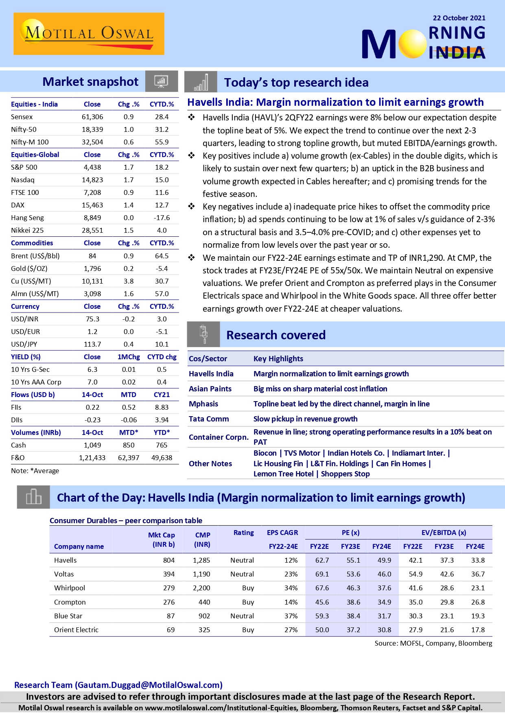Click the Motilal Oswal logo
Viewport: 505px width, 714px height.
(x=89, y=34)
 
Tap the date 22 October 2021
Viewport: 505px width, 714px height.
(x=459, y=18)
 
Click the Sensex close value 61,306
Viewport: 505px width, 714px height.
(x=92, y=117)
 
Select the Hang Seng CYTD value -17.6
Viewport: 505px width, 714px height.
(x=162, y=218)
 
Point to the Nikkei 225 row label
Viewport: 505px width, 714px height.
(x=27, y=230)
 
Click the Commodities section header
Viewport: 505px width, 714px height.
(x=32, y=243)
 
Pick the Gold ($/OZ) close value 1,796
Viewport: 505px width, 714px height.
(x=92, y=269)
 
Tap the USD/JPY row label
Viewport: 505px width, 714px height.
(x=24, y=344)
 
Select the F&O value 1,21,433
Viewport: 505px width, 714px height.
(x=92, y=458)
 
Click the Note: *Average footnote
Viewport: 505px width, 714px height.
(x=35, y=471)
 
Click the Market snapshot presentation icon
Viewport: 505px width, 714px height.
(x=161, y=81)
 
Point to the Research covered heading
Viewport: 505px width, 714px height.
(x=276, y=335)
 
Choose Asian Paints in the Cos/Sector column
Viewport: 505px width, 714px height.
(x=210, y=389)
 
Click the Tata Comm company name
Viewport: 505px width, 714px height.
(x=209, y=419)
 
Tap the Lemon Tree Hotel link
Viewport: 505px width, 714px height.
(x=283, y=474)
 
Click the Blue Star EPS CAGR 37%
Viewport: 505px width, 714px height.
(x=291, y=616)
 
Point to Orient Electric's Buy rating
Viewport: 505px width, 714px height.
(x=248, y=630)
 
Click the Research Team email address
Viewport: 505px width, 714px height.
(x=149, y=685)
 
